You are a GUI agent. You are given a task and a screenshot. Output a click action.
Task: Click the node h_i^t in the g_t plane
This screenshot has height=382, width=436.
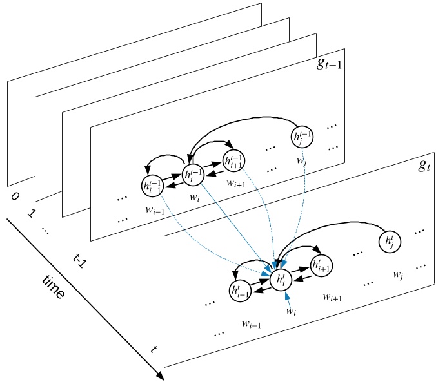tap(281, 278)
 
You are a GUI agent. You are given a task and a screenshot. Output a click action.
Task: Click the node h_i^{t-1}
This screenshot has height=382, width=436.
tap(192, 174)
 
